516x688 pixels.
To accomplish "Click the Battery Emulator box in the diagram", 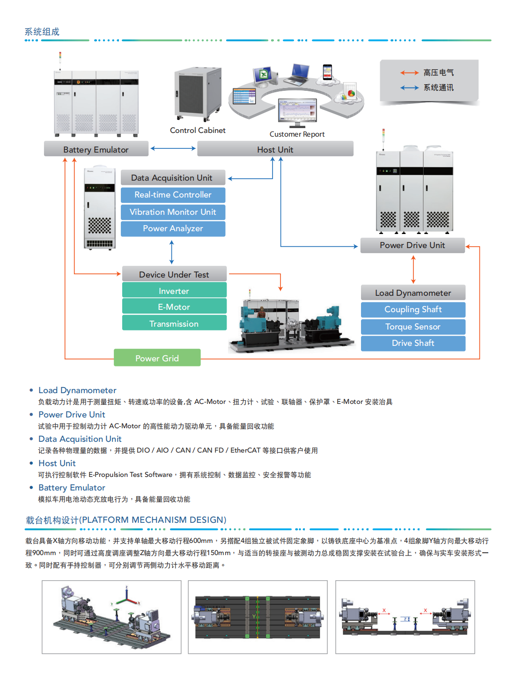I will click(x=96, y=149).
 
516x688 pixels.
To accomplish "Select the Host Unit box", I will click(x=275, y=149).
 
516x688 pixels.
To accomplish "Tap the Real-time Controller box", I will click(x=173, y=195).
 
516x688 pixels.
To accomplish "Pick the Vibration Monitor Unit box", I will click(x=173, y=212).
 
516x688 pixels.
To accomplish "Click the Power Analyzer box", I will click(x=173, y=228).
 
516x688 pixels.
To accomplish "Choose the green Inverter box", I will click(x=174, y=291).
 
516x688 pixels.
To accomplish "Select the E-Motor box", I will click(x=174, y=307).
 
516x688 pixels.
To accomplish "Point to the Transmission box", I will click(x=174, y=323).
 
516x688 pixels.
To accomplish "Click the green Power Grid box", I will click(x=157, y=358).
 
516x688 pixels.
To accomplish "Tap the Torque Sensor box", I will click(x=413, y=327).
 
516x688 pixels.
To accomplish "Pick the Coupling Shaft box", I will click(x=413, y=309).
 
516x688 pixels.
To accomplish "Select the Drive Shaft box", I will click(x=413, y=343).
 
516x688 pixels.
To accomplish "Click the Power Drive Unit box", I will click(x=412, y=245).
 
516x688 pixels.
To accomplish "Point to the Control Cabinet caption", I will click(x=198, y=130).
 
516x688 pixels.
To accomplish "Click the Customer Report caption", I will click(x=297, y=134).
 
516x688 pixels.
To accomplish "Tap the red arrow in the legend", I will click(x=409, y=73).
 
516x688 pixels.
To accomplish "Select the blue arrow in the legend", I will click(x=409, y=88).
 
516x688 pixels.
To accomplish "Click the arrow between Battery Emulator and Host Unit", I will click(x=173, y=148).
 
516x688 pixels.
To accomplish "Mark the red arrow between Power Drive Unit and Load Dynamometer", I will click(x=413, y=270).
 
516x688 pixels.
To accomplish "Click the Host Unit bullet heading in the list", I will click(x=57, y=463).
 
